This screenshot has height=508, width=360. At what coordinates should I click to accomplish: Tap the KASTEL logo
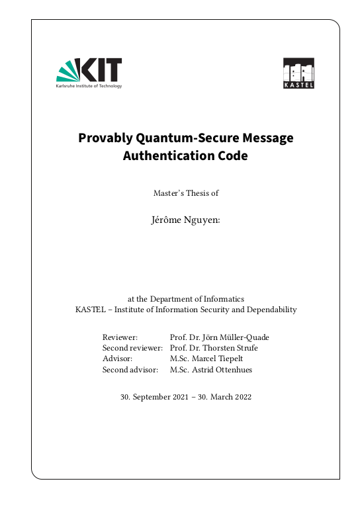pyautogui.click(x=298, y=73)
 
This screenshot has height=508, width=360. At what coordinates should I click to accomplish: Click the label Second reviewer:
pyautogui.click(x=132, y=348)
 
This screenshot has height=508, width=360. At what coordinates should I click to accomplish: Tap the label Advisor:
pyautogui.click(x=118, y=359)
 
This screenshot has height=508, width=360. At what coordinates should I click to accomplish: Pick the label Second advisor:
pyautogui.click(x=130, y=370)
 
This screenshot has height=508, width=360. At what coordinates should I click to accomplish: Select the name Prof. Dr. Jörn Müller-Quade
pyautogui.click(x=219, y=337)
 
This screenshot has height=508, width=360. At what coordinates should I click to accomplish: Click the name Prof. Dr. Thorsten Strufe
pyautogui.click(x=214, y=348)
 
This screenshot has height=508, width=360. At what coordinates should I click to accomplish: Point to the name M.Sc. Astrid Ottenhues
pyautogui.click(x=211, y=370)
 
